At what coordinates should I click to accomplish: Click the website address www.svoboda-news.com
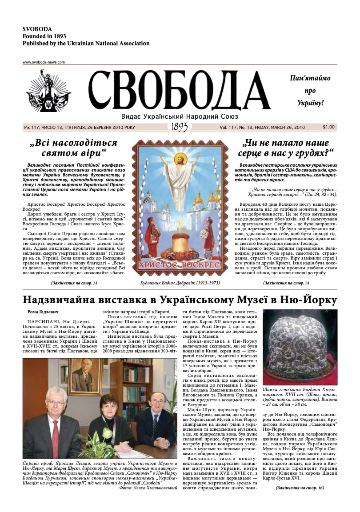44,62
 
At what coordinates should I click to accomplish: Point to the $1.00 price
329,127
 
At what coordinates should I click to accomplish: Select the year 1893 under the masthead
179,127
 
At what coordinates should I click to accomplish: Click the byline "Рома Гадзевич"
40,312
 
